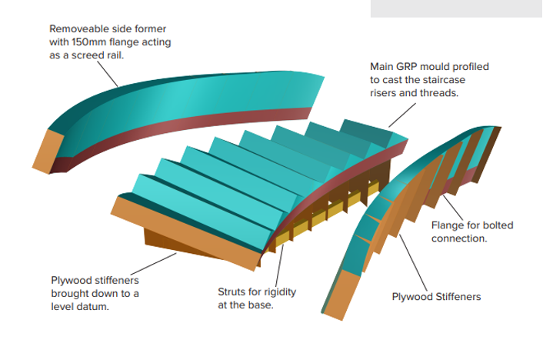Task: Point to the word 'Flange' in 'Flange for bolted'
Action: pyautogui.click(x=449, y=225)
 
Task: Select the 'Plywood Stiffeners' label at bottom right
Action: pyautogui.click(x=436, y=297)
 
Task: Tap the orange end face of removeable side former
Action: pyautogui.click(x=47, y=149)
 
